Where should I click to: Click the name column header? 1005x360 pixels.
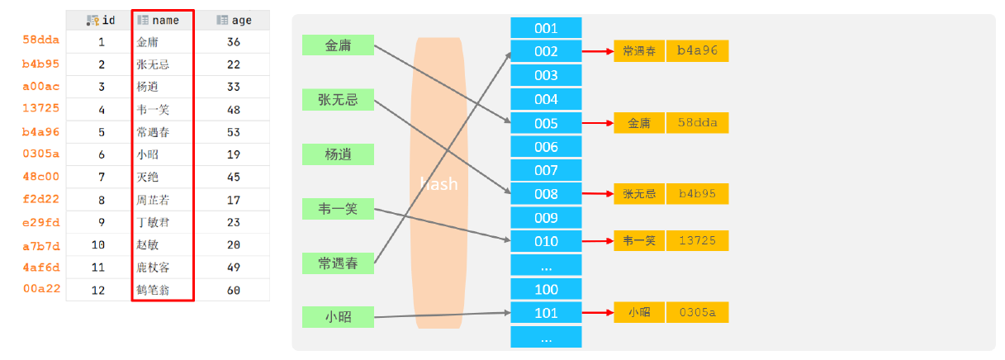point(163,20)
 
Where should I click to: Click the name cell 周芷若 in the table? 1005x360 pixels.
point(154,200)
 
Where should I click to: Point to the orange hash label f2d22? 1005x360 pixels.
point(40,199)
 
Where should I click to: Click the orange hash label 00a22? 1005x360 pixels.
point(40,289)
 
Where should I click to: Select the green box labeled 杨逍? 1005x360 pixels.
point(338,154)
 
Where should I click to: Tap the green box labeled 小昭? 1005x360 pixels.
point(338,317)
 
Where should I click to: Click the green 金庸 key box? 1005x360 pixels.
point(338,45)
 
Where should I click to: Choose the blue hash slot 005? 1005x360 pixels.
point(546,123)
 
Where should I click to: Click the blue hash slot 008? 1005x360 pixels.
point(546,194)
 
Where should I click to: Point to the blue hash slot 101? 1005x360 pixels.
point(546,313)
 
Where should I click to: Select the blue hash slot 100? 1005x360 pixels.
point(546,290)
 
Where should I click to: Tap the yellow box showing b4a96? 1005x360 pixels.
point(697,51)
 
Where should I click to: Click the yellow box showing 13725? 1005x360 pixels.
point(697,241)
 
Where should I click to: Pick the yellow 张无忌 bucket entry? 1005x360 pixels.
point(639,194)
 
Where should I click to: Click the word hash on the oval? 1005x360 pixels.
point(439,184)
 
